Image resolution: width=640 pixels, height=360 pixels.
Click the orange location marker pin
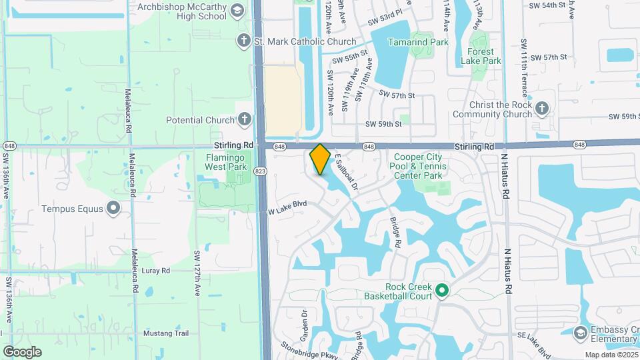(x=320, y=159)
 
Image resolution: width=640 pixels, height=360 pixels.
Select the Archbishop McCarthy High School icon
(x=237, y=11)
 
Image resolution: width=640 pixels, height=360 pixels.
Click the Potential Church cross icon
(x=245, y=120)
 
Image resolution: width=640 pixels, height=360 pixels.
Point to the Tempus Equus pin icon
(x=114, y=209)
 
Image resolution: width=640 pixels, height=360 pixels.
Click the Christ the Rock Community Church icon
(x=543, y=108)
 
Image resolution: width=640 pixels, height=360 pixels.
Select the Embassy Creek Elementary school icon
(x=580, y=333)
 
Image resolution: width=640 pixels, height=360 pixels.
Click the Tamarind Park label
(x=419, y=42)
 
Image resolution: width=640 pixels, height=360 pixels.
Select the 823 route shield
(x=260, y=171)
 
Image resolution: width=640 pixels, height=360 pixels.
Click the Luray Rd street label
(x=155, y=271)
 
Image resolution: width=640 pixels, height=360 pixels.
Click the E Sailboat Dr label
(x=345, y=169)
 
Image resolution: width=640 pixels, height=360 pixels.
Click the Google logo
(x=22, y=351)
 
